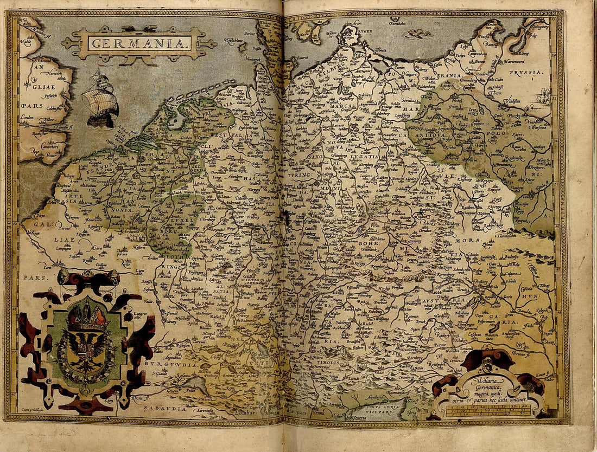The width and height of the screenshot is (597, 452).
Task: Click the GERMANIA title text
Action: pyautogui.click(x=139, y=42)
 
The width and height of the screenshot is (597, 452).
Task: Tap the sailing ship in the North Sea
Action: pyautogui.click(x=100, y=98)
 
